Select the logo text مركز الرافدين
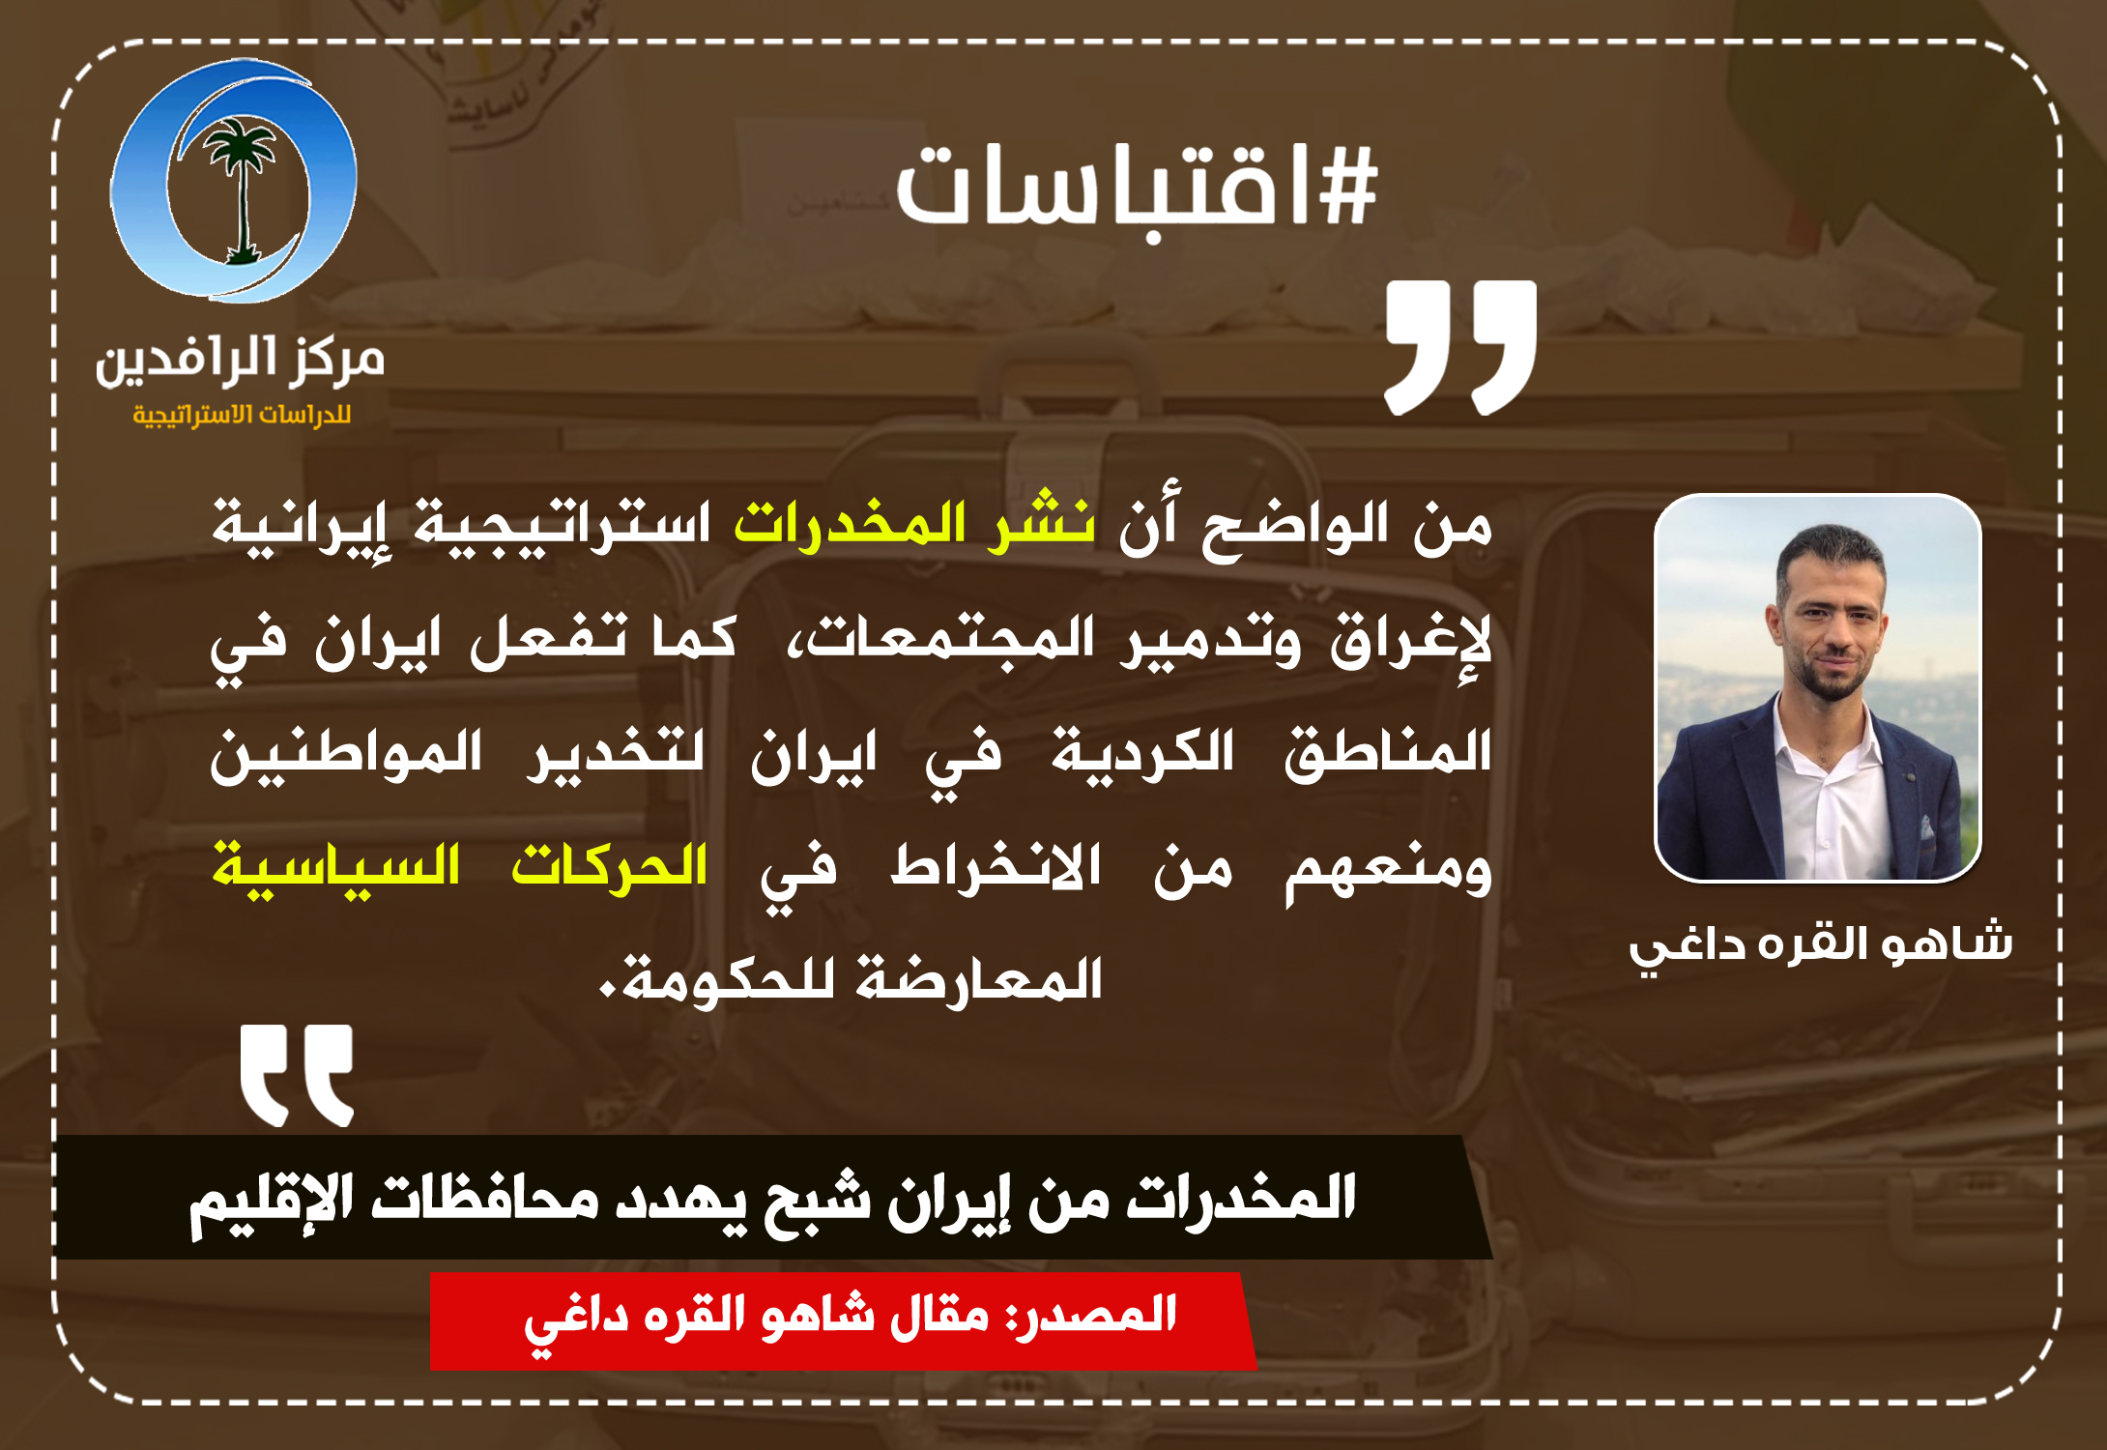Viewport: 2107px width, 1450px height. [x=240, y=362]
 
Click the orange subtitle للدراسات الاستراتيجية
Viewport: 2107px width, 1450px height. [x=242, y=415]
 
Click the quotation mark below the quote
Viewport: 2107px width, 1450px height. [x=297, y=1075]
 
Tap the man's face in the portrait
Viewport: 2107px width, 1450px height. [x=1829, y=620]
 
